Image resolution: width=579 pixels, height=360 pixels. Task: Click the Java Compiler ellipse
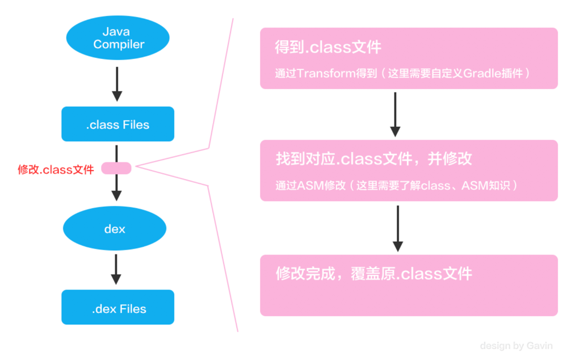(x=118, y=38)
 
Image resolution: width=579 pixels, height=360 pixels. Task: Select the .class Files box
(x=118, y=124)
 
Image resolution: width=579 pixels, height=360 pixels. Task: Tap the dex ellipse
(x=115, y=229)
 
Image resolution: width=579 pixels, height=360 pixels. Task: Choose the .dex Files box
(x=118, y=308)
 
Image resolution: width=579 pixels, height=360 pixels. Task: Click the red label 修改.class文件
(x=56, y=169)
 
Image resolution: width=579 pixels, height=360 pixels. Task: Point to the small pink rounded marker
(x=116, y=168)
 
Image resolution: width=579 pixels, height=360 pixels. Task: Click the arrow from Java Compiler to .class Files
(x=116, y=83)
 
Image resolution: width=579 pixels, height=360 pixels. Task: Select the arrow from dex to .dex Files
(x=116, y=269)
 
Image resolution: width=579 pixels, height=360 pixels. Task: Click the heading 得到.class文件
(x=328, y=47)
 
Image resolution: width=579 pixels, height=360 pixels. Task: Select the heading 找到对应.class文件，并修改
(x=373, y=158)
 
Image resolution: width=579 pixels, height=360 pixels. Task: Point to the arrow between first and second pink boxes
(x=395, y=114)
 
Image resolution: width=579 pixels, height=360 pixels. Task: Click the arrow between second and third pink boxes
(x=397, y=228)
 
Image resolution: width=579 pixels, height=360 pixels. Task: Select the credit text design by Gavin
(x=516, y=345)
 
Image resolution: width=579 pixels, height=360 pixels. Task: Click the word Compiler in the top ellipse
(x=119, y=45)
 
